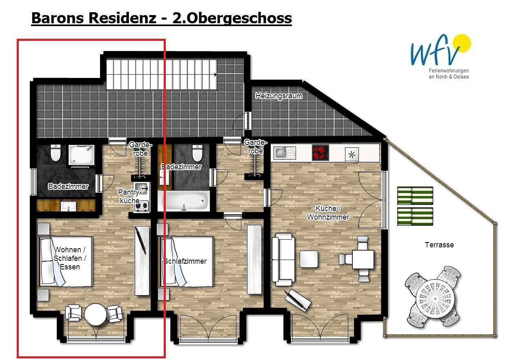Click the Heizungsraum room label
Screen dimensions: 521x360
click(x=278, y=96)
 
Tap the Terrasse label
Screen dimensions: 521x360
click(x=439, y=244)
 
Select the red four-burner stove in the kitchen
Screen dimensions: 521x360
click(x=320, y=153)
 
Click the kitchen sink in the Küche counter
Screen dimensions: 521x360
click(x=284, y=153)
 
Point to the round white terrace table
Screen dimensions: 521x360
click(x=435, y=299)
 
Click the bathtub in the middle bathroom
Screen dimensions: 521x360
click(x=184, y=201)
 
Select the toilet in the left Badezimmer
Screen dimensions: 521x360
click(x=56, y=153)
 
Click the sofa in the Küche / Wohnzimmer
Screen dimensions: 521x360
click(x=283, y=260)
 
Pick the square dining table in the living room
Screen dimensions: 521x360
click(x=363, y=259)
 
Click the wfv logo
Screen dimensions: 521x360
click(x=440, y=50)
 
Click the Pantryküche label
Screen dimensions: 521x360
click(x=129, y=196)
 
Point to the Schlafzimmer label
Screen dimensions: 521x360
click(x=185, y=261)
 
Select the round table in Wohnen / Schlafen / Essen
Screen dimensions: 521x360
click(x=96, y=314)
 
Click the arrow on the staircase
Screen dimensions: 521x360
click(x=216, y=75)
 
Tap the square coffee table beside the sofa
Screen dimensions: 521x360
click(x=309, y=259)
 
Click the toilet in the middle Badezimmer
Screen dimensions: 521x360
click(x=197, y=153)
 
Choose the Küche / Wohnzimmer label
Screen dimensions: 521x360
click(x=328, y=213)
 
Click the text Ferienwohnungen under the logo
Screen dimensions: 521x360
click(x=449, y=71)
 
